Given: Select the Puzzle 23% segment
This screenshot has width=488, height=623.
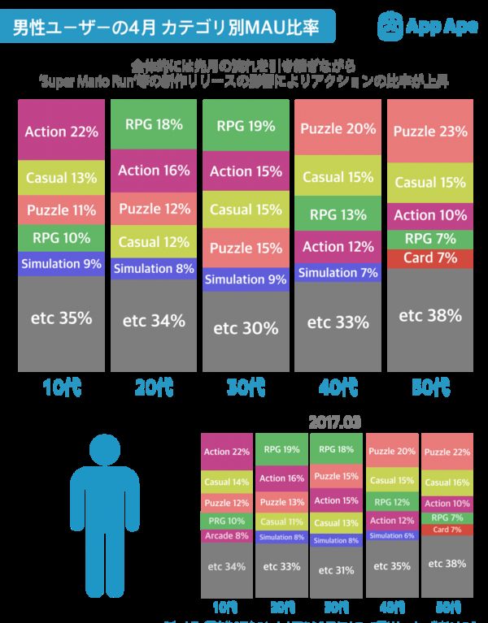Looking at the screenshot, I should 430,130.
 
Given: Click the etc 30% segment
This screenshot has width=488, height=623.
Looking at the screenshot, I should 246,329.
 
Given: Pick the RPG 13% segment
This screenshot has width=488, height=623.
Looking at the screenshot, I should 338,215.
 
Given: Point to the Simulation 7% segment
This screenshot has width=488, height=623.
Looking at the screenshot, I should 338,273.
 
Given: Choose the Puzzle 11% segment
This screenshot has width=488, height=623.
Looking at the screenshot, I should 62,210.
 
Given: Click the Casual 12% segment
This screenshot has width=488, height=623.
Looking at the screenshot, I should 154,241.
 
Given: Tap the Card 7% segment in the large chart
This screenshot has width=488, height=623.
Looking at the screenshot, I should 430,257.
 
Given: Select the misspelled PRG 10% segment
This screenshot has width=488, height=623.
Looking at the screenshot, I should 227,521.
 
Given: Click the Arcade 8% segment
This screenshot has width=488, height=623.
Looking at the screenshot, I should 227,535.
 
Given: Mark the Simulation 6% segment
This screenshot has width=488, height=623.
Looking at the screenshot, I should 392,535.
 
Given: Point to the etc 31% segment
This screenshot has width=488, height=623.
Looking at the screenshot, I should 337,570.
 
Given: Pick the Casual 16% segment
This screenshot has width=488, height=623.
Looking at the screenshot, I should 447,482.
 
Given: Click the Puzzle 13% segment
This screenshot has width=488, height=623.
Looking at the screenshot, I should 281,502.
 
